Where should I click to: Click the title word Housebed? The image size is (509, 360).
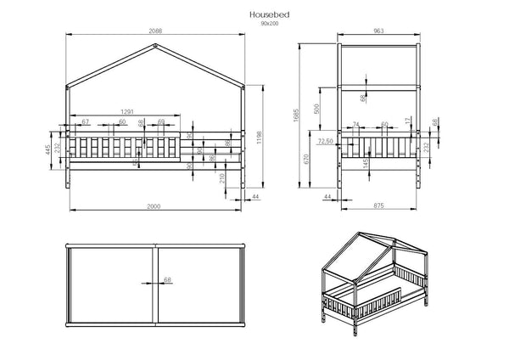pos(267,14)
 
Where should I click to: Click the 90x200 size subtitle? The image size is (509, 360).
pos(267,24)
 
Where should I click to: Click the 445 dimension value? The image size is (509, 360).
pos(50,151)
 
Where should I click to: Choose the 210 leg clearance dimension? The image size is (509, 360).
pos(221,176)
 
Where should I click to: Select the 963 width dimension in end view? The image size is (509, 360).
pos(381,32)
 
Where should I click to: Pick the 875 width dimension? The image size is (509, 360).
pos(382,207)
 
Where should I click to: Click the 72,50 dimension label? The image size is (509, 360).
pos(325,141)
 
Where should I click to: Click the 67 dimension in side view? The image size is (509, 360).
pos(86,122)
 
